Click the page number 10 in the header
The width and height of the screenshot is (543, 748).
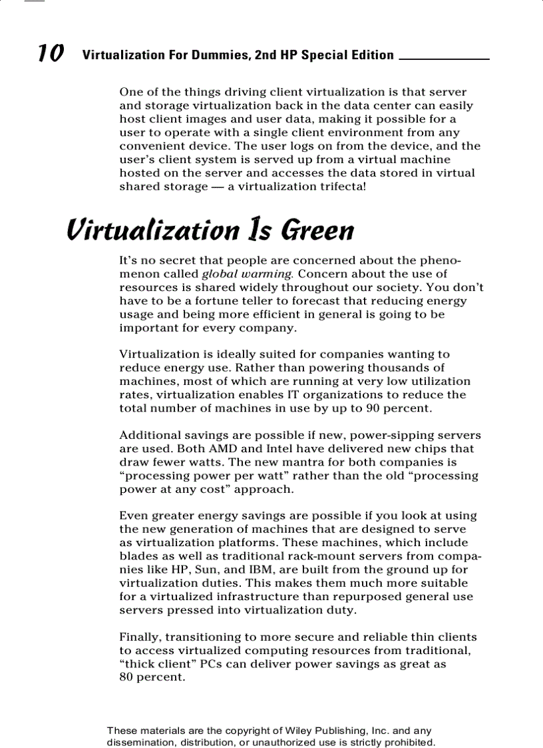[51, 53]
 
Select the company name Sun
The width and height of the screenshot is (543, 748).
[206, 570]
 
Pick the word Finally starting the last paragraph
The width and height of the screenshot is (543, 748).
[140, 637]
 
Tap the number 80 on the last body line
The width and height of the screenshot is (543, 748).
[126, 678]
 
